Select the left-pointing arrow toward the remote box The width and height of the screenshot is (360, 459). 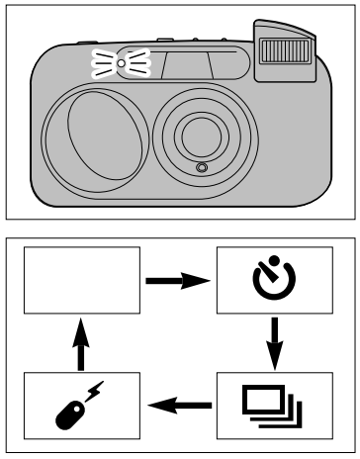click(x=179, y=403)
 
